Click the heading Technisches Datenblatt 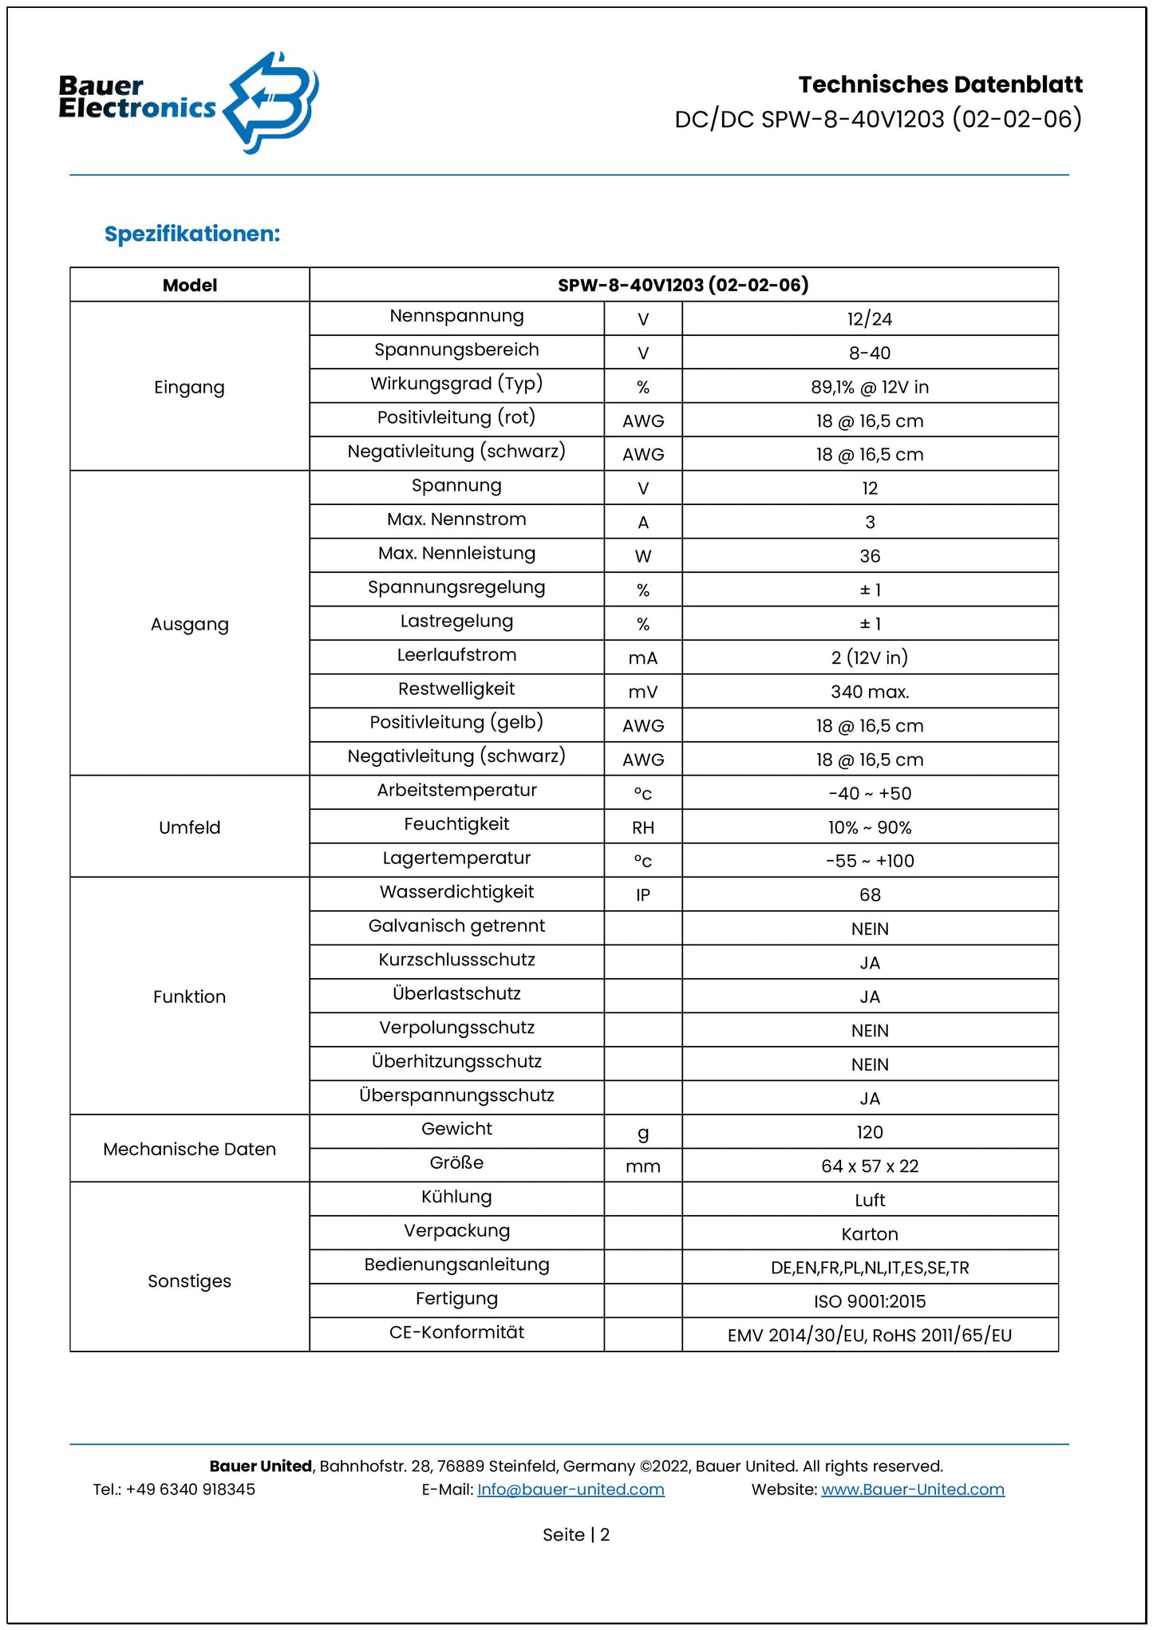(940, 85)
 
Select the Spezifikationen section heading (192, 234)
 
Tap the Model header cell (190, 285)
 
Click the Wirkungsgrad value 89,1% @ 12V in (870, 387)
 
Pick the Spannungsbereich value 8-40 (870, 353)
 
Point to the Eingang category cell (190, 387)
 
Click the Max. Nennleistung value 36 (870, 556)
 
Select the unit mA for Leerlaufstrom (643, 658)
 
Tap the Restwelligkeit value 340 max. (870, 692)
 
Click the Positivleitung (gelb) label (456, 723)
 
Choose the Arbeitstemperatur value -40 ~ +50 (870, 794)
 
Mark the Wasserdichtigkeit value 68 (870, 895)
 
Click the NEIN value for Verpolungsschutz (870, 1031)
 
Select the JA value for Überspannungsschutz (870, 1099)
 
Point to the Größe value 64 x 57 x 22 (870, 1166)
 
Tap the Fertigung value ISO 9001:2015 (870, 1302)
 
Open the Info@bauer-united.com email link (571, 1490)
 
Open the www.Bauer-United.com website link (913, 1490)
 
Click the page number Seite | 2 (576, 1535)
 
